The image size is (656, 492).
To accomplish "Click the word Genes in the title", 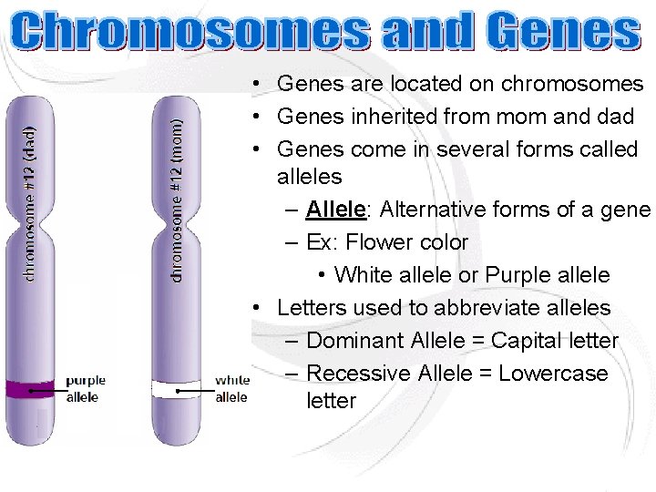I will [x=562, y=34].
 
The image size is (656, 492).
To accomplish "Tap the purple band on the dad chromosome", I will [x=32, y=389].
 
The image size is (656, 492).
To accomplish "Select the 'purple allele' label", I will [x=86, y=388].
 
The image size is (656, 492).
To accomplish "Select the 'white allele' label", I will [x=231, y=388].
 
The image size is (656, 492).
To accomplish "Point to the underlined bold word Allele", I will [x=335, y=210].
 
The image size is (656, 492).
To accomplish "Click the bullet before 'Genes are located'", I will [x=260, y=84].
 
